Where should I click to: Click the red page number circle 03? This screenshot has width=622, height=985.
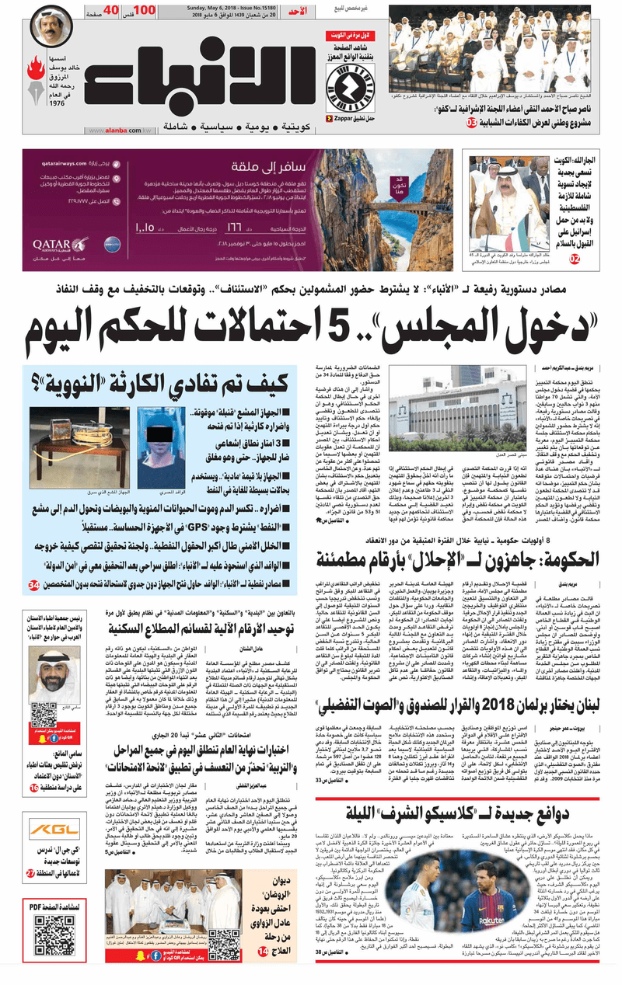coord(471,124)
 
